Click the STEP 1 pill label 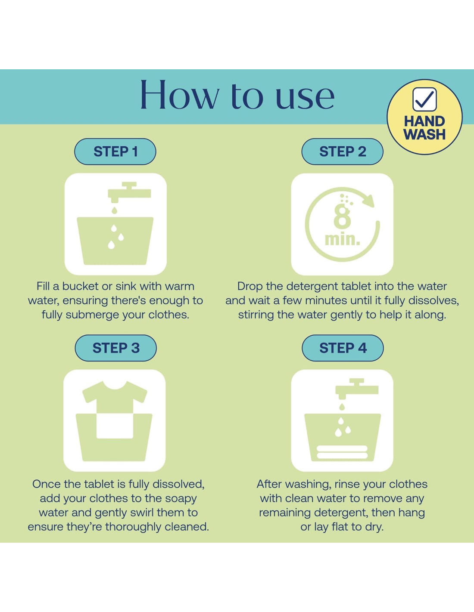[x=115, y=151]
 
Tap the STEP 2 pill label [x=342, y=151]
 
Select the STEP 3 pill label [x=115, y=348]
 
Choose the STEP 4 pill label [x=343, y=348]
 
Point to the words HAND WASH [x=424, y=128]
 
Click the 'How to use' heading [x=237, y=95]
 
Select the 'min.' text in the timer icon [x=342, y=239]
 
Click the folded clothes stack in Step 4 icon [x=342, y=452]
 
